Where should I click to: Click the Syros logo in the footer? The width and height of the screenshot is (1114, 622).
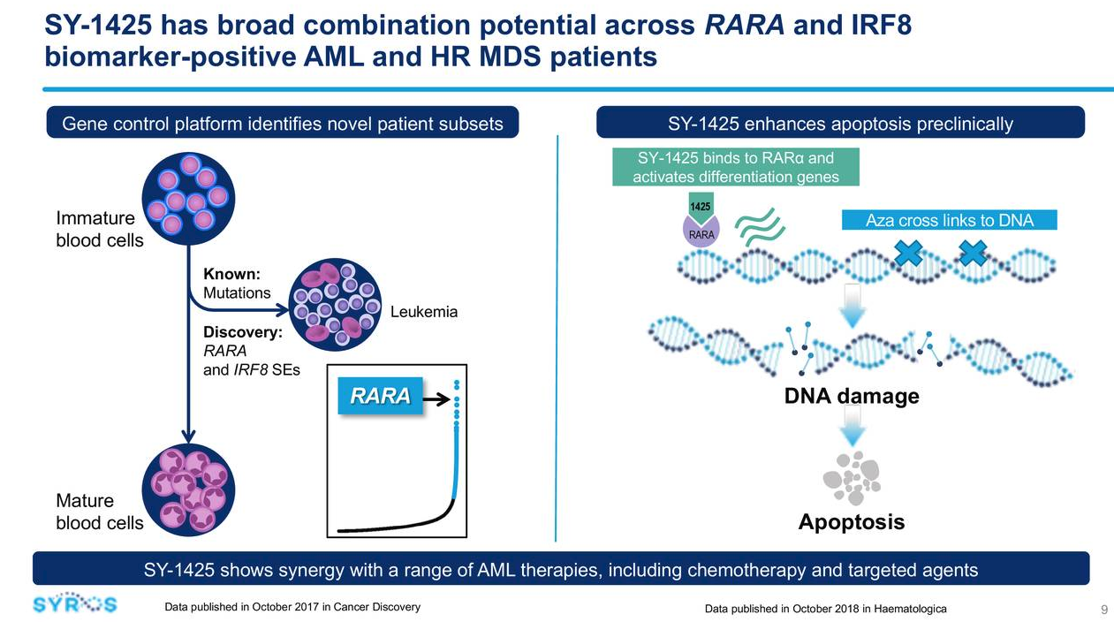pyautogui.click(x=74, y=603)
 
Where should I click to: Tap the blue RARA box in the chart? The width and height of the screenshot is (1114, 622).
pyautogui.click(x=381, y=396)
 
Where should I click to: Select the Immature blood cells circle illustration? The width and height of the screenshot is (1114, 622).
pyautogui.click(x=188, y=199)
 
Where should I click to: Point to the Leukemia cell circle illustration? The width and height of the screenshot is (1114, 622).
pyautogui.click(x=335, y=304)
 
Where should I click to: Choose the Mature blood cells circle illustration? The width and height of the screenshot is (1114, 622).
pyautogui.click(x=188, y=489)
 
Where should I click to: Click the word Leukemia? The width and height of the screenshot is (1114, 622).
pyautogui.click(x=424, y=312)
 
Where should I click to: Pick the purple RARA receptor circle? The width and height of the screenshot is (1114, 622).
pyautogui.click(x=701, y=231)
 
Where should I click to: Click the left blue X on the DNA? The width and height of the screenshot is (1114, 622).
pyautogui.click(x=908, y=253)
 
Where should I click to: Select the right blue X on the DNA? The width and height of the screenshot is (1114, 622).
pyautogui.click(x=973, y=253)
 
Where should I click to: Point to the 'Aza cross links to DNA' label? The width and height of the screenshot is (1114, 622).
pyautogui.click(x=950, y=220)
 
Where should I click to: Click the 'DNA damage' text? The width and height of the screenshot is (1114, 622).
pyautogui.click(x=852, y=397)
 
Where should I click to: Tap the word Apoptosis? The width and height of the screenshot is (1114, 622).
pyautogui.click(x=852, y=522)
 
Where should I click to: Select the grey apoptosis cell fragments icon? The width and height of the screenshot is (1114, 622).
pyautogui.click(x=852, y=477)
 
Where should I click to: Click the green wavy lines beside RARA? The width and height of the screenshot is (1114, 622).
pyautogui.click(x=760, y=227)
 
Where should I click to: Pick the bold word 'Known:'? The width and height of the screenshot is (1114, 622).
pyautogui.click(x=231, y=274)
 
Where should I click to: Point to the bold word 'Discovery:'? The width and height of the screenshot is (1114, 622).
pyautogui.click(x=243, y=332)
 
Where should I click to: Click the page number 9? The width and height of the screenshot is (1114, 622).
pyautogui.click(x=1104, y=609)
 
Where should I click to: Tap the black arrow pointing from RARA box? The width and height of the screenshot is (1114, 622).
pyautogui.click(x=436, y=398)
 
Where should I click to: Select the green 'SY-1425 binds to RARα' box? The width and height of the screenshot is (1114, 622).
pyautogui.click(x=736, y=167)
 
